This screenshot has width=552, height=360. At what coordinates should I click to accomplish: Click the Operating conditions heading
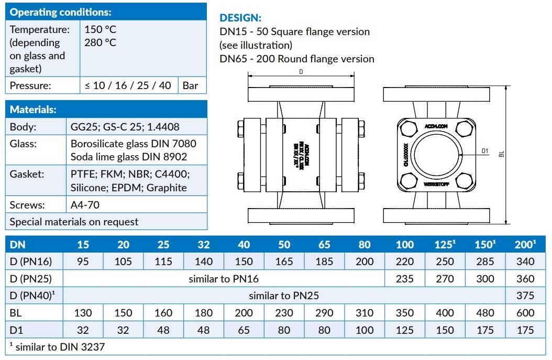point(61,13)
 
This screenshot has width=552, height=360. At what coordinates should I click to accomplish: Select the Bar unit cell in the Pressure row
point(191,85)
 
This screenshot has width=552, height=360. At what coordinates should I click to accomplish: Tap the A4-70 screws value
point(85,205)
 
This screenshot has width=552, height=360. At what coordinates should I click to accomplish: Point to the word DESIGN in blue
point(240,18)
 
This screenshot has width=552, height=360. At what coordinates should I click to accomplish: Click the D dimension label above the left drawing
point(301,72)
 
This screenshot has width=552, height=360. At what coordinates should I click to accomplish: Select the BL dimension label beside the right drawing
point(501,155)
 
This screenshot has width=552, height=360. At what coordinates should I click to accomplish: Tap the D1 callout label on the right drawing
point(484,151)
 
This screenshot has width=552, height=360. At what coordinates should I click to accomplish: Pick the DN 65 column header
point(324,245)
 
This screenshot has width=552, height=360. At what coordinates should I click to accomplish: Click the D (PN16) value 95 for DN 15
point(83,261)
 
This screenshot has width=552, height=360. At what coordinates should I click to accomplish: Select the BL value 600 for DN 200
point(525,313)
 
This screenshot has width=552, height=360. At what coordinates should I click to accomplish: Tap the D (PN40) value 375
point(525,296)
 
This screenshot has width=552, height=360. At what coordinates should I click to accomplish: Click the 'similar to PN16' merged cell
point(224,279)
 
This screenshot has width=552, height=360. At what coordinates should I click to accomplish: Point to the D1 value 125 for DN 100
point(405,330)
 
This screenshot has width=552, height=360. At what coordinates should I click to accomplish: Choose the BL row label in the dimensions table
point(16,313)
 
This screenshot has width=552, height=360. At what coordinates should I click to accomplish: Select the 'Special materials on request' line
point(74,222)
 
